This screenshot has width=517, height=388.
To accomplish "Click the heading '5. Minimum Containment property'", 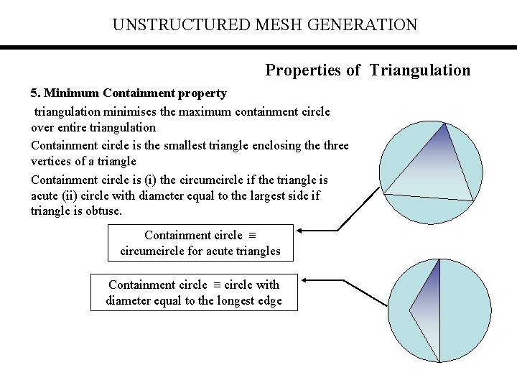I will coord(129,93).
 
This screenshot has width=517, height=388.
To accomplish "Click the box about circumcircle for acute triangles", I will coord(200,243).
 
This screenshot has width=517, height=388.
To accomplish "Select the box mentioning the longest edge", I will coord(194,292).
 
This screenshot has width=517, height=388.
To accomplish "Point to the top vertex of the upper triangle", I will coord(447,124).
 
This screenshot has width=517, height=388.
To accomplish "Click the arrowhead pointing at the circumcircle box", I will coord(300,230).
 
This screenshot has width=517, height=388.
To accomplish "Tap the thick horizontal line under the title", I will coord(258,47).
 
